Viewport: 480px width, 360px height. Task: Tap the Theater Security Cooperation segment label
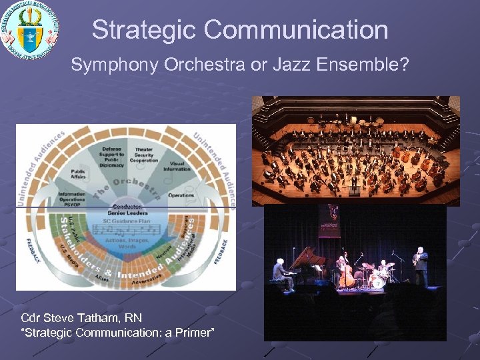tap(145, 154)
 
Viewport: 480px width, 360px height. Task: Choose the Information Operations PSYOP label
tap(72, 199)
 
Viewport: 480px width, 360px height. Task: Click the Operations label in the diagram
tap(181, 195)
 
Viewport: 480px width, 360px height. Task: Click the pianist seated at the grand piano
tap(279, 272)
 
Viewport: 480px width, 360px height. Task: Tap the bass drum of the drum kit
tap(378, 281)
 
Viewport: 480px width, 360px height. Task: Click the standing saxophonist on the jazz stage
tap(420, 265)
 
